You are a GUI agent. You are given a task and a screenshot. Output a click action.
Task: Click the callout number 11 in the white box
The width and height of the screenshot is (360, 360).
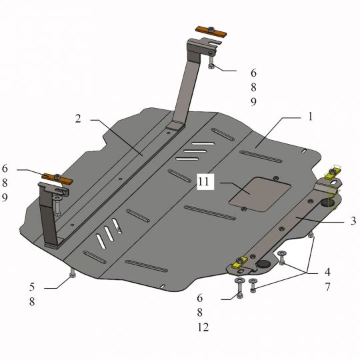(203, 182)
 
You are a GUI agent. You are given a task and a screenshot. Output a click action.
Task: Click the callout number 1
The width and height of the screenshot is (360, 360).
(311, 117)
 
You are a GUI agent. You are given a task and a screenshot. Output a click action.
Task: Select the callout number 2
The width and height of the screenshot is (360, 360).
(78, 119)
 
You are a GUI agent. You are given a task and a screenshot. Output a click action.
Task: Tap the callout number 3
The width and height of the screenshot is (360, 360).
(353, 221)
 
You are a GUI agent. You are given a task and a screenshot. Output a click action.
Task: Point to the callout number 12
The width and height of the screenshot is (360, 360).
(203, 327)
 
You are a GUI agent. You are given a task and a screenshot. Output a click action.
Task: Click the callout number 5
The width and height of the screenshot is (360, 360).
(32, 287)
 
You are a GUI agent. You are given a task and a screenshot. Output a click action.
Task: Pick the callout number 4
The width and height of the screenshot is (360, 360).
(327, 272)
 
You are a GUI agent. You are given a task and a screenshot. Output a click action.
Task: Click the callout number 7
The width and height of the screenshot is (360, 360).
(327, 287)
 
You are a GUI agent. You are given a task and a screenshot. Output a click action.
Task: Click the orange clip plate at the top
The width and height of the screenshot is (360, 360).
(211, 31)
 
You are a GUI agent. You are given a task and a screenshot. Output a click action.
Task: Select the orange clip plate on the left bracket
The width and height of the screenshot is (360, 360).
(57, 179)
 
